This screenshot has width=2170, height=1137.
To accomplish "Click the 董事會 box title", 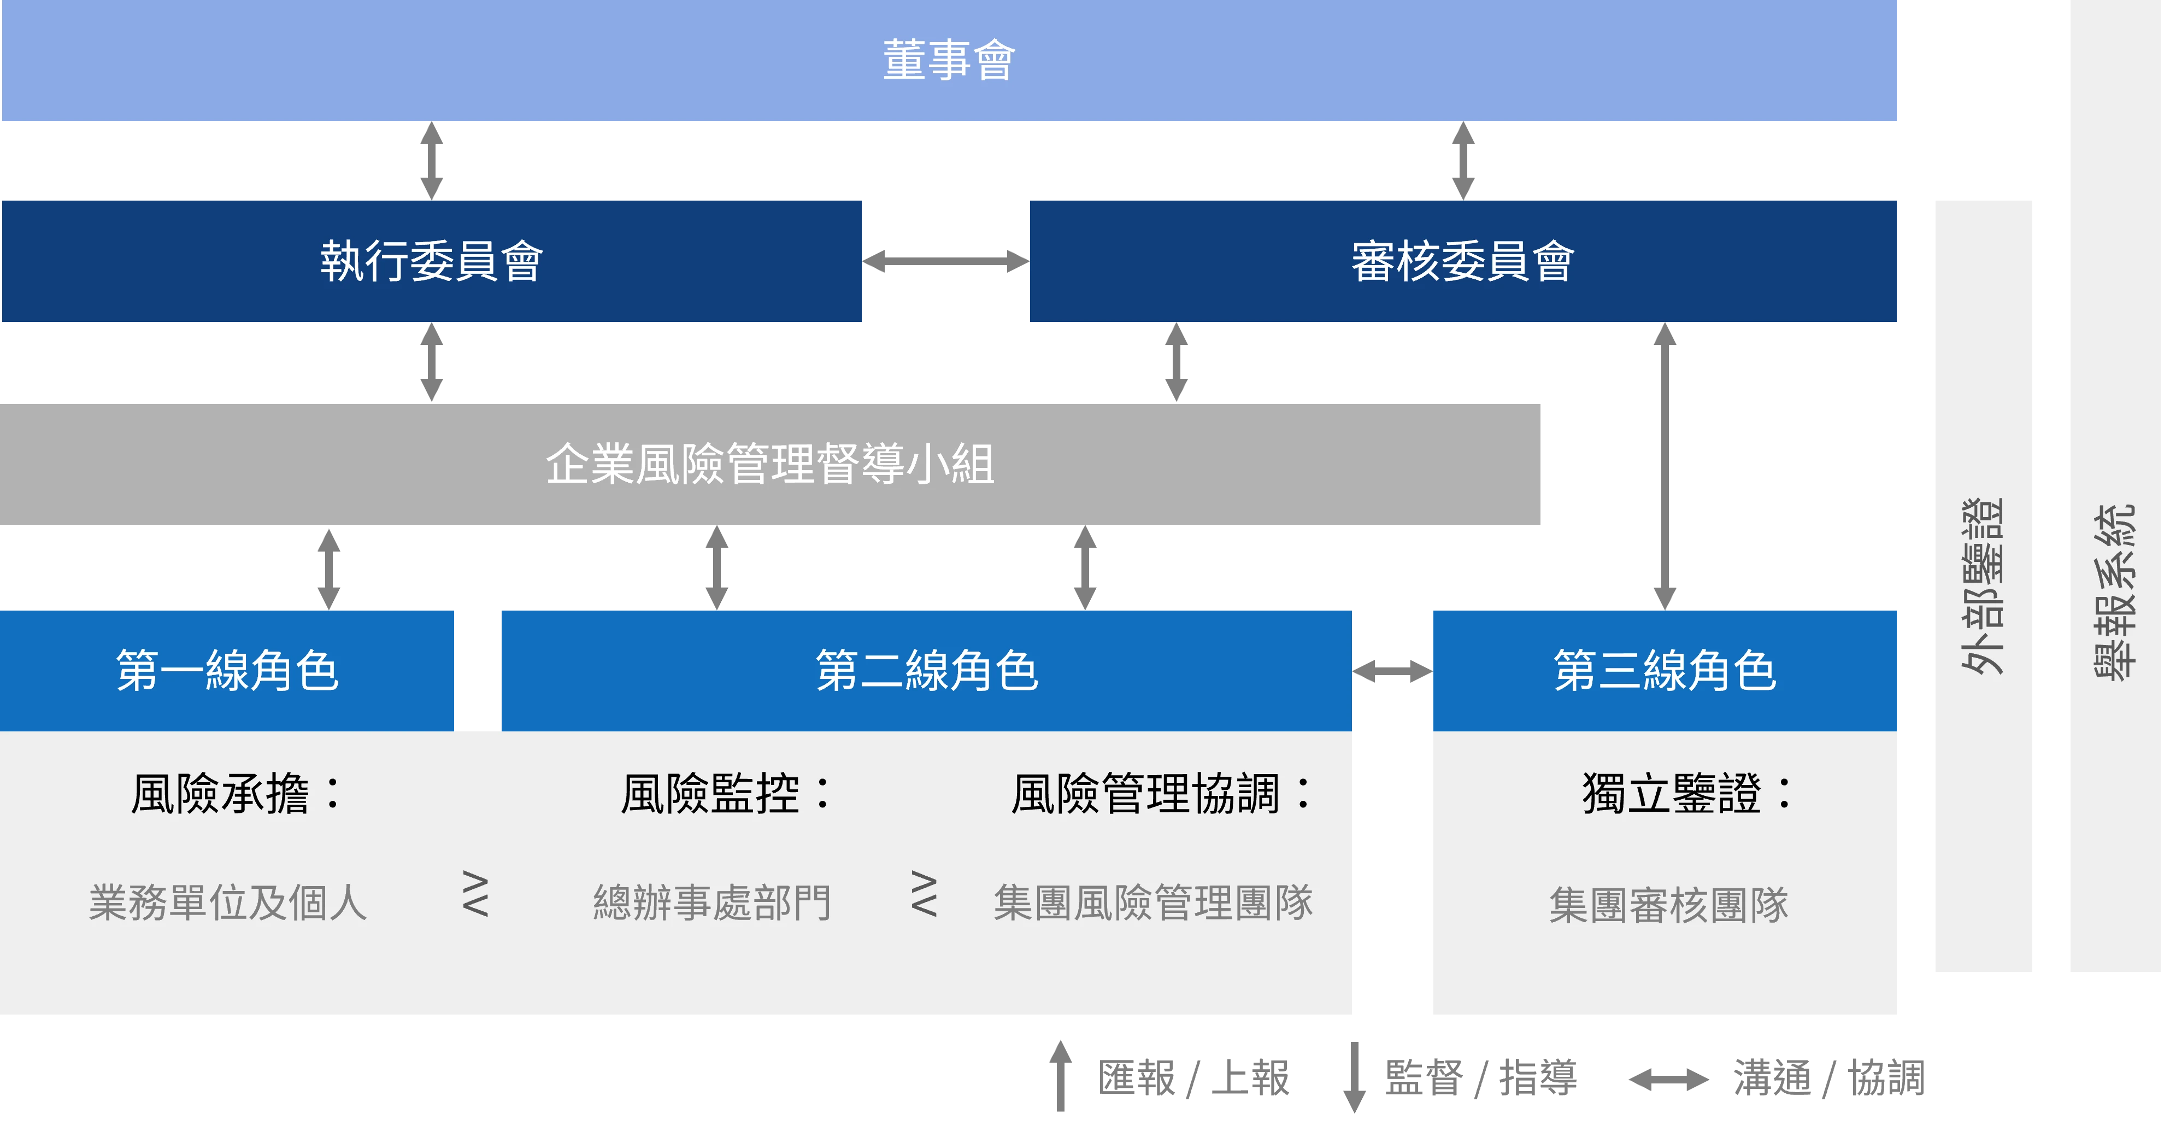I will (x=949, y=61).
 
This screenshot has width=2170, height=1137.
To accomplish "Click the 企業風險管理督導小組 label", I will (x=770, y=464).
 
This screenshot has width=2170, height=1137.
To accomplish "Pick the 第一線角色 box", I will (x=227, y=671).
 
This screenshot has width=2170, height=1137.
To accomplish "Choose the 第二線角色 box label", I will (x=927, y=671).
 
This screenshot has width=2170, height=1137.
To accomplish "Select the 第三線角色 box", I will (x=1665, y=671).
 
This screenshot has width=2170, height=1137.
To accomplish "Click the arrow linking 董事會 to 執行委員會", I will (x=432, y=160).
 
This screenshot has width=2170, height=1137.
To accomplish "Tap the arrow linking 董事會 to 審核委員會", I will (x=1464, y=160).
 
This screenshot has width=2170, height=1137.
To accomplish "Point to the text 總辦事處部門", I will (x=713, y=902).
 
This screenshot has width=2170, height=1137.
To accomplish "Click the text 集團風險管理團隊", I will (x=1153, y=902).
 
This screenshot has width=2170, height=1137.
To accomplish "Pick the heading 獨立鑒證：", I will (x=1687, y=794).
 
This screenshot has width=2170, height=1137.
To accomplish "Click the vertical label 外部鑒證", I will (x=1981, y=587).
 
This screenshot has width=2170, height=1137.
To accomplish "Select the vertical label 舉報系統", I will (x=2115, y=590).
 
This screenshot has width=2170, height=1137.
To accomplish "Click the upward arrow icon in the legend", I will (x=1061, y=1075).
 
